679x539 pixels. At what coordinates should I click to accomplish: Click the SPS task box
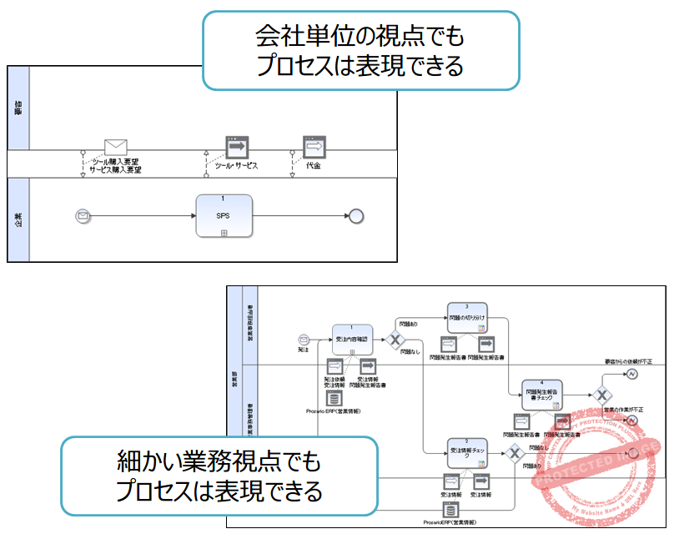pos(224,215)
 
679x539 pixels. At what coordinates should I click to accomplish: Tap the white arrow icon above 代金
pos(314,148)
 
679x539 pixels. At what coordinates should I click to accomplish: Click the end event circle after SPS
pos(357,215)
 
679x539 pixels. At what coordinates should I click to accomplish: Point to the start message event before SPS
pos(83,215)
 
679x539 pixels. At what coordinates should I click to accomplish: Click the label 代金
pos(314,165)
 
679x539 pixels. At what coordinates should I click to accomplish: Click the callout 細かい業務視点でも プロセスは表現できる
pos(219,476)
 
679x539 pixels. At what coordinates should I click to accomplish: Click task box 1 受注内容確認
pos(352,340)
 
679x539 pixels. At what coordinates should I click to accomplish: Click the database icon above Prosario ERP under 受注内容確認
pos(333,400)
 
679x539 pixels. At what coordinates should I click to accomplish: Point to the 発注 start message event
pos(304,339)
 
